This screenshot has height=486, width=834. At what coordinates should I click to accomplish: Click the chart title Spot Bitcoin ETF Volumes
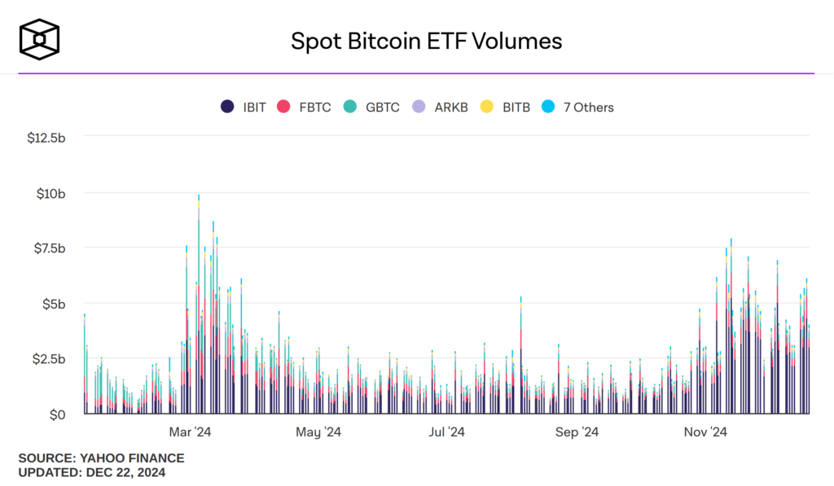tap(426, 41)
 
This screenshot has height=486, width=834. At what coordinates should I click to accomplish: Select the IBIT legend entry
tap(244, 107)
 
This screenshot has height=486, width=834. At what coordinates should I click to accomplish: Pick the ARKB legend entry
tap(441, 107)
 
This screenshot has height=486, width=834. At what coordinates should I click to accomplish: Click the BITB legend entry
tap(506, 107)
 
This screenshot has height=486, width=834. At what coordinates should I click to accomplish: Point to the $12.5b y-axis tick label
tap(46, 138)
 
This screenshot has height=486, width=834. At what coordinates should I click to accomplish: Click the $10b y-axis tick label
tap(50, 193)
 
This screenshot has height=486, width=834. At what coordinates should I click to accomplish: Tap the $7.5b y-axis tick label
tap(48, 248)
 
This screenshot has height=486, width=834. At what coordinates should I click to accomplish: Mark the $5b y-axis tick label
tap(54, 304)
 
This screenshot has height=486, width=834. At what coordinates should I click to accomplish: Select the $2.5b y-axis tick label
tap(48, 359)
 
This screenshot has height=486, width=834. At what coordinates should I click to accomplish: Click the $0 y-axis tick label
tap(57, 414)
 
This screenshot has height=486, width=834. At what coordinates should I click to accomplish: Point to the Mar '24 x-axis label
tap(190, 431)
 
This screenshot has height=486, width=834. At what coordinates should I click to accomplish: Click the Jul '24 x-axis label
tap(446, 431)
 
